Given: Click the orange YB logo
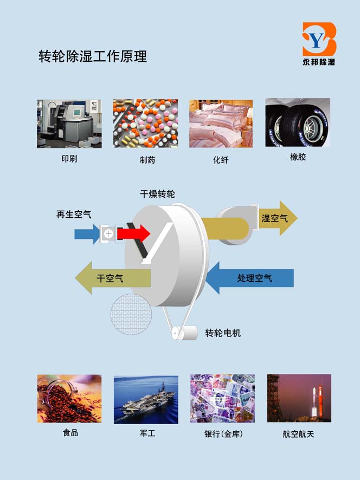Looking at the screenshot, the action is click(x=319, y=39).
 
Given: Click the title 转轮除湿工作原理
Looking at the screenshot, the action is click(x=93, y=56).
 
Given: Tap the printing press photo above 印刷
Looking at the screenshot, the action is click(x=69, y=124).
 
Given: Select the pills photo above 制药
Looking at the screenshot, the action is click(x=145, y=124).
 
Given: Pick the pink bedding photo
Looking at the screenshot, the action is click(x=221, y=124).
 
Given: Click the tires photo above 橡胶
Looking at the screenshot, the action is click(x=298, y=122).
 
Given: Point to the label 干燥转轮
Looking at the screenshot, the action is click(x=157, y=194).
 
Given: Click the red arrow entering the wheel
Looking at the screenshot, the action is click(x=134, y=234).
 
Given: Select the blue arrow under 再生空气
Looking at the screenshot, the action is click(x=87, y=234).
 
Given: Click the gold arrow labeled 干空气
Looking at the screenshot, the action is click(x=113, y=278).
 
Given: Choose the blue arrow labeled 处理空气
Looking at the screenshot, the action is click(x=250, y=278).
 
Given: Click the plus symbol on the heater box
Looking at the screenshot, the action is click(x=108, y=234).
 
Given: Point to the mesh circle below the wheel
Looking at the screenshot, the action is click(x=131, y=314).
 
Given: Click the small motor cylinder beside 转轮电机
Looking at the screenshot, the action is click(x=184, y=333).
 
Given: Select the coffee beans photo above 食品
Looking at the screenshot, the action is click(x=69, y=399).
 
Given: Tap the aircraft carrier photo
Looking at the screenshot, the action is click(x=146, y=400).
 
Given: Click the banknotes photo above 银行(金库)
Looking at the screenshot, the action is click(x=222, y=398).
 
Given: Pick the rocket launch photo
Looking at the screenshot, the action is click(x=299, y=398).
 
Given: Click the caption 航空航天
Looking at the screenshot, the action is click(x=298, y=434).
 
